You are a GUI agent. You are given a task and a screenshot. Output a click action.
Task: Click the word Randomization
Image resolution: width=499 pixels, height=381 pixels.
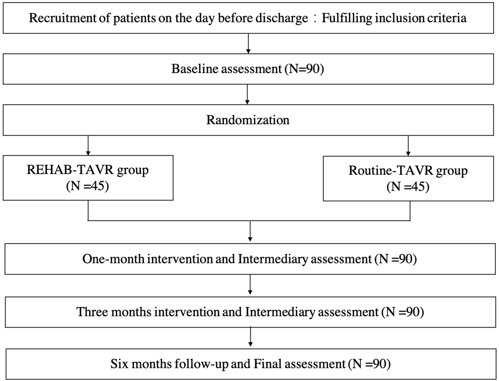248,120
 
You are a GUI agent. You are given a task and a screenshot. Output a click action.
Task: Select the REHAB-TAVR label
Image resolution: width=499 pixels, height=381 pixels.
70,170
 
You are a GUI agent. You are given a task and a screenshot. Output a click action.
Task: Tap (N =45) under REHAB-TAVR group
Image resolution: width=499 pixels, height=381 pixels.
88,186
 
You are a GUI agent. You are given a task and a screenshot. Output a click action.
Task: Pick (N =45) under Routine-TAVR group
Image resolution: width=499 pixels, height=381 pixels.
408,187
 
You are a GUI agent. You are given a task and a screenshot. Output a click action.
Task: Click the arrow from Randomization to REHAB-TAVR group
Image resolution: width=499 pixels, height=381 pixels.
88,145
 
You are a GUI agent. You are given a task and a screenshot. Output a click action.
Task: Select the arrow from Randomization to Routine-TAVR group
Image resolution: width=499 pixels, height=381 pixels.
408,146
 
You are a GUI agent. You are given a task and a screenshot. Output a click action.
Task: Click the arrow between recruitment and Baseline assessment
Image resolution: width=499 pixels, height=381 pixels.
248,43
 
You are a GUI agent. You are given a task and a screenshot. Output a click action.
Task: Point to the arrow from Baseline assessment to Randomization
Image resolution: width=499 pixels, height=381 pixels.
247,94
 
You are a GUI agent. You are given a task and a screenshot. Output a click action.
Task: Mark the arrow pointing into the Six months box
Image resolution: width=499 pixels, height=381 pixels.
251,337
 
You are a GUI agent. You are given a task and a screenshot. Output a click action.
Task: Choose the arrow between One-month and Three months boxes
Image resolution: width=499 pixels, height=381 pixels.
250,285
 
